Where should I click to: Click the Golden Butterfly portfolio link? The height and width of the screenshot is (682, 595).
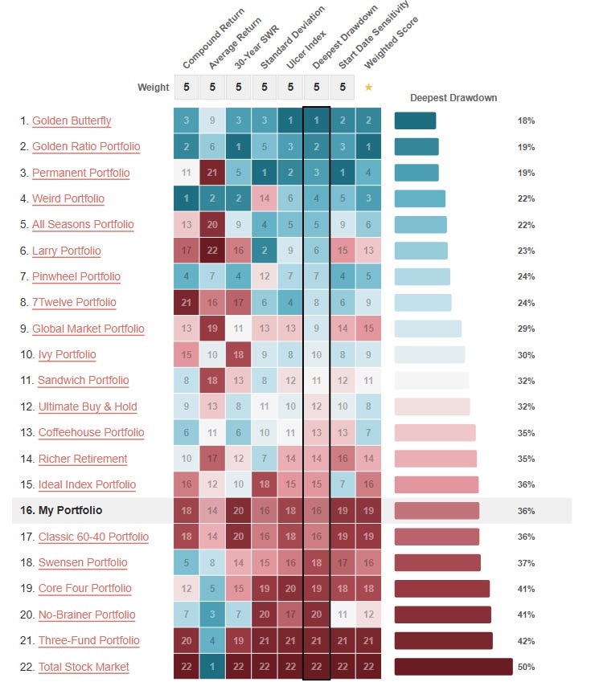click(72, 121)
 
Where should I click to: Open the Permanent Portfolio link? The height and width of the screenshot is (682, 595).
click(81, 173)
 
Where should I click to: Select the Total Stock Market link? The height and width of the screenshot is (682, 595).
click(84, 667)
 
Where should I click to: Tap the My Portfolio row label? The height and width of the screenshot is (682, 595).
click(61, 510)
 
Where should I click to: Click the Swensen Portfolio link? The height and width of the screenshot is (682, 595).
click(83, 562)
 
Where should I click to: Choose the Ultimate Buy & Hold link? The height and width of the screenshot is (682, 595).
click(88, 406)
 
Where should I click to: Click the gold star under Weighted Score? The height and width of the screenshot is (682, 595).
click(369, 87)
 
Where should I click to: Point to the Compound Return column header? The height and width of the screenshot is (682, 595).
click(214, 39)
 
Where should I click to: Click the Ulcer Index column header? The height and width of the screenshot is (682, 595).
click(306, 50)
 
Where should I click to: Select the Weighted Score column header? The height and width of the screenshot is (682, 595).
click(391, 43)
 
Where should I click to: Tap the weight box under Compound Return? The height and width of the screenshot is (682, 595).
click(187, 87)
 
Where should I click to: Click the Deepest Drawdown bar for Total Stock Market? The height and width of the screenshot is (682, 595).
click(453, 667)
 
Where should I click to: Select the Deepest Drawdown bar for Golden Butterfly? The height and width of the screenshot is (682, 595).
click(415, 121)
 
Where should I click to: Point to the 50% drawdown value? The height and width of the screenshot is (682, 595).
click(526, 667)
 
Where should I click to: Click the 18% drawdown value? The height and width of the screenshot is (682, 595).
click(526, 121)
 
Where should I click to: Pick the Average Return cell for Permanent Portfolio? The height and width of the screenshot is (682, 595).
click(212, 173)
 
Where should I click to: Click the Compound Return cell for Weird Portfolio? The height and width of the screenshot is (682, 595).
click(187, 198)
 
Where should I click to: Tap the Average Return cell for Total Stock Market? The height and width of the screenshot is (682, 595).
click(212, 667)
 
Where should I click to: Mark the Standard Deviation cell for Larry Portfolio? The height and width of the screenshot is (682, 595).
click(265, 250)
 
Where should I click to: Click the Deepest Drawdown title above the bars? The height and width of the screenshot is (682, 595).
click(453, 98)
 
